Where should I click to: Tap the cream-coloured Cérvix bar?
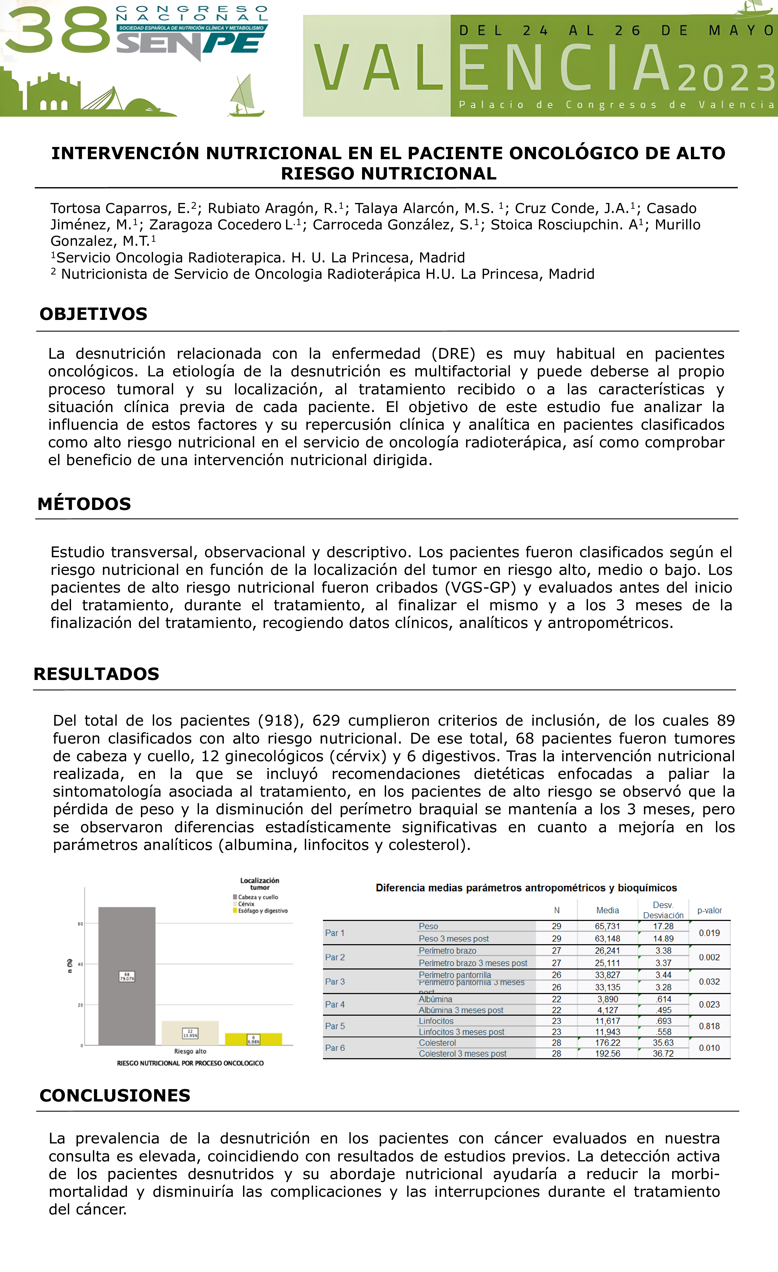click(x=190, y=1033)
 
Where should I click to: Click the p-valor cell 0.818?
click(x=709, y=1026)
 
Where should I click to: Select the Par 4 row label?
click(x=335, y=1004)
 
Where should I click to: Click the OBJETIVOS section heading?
click(x=93, y=314)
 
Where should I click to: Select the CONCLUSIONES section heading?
click(x=115, y=1095)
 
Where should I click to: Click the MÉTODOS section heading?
click(x=84, y=504)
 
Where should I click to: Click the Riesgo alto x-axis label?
click(x=190, y=1051)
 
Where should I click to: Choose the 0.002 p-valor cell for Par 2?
click(x=709, y=957)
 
